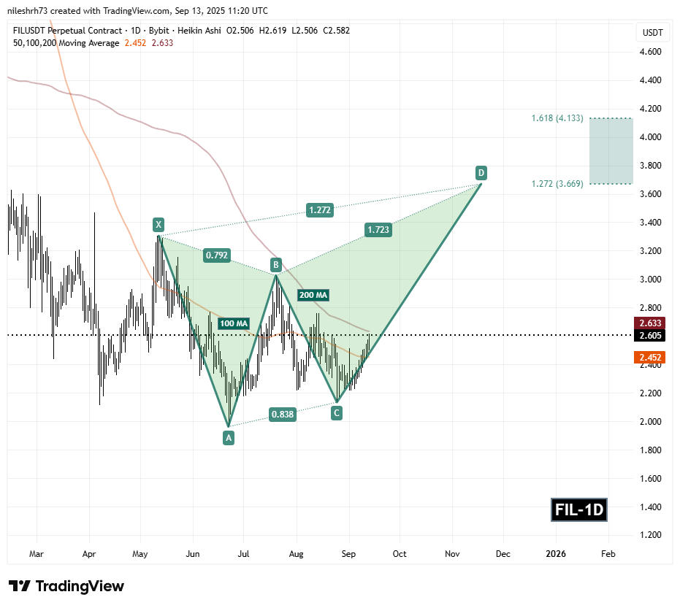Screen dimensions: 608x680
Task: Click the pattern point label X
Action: (157, 224)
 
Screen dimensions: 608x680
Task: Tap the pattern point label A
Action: (229, 437)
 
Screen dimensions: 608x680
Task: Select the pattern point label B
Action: (276, 263)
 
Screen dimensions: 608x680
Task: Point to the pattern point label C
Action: (337, 413)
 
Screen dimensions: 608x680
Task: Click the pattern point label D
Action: (481, 173)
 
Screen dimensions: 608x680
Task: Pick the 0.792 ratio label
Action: (216, 255)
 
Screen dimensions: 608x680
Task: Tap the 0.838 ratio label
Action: (283, 415)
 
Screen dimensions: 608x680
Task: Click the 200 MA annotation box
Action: (313, 295)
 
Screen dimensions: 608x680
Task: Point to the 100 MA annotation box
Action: (234, 323)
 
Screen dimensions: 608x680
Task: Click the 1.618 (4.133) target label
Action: (557, 118)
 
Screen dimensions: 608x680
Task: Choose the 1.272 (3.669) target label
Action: (557, 184)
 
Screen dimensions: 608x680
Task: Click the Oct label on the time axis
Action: (399, 554)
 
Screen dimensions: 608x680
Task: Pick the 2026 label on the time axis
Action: (556, 554)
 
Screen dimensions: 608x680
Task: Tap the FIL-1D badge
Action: (579, 509)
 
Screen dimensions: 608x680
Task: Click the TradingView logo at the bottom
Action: (66, 586)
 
